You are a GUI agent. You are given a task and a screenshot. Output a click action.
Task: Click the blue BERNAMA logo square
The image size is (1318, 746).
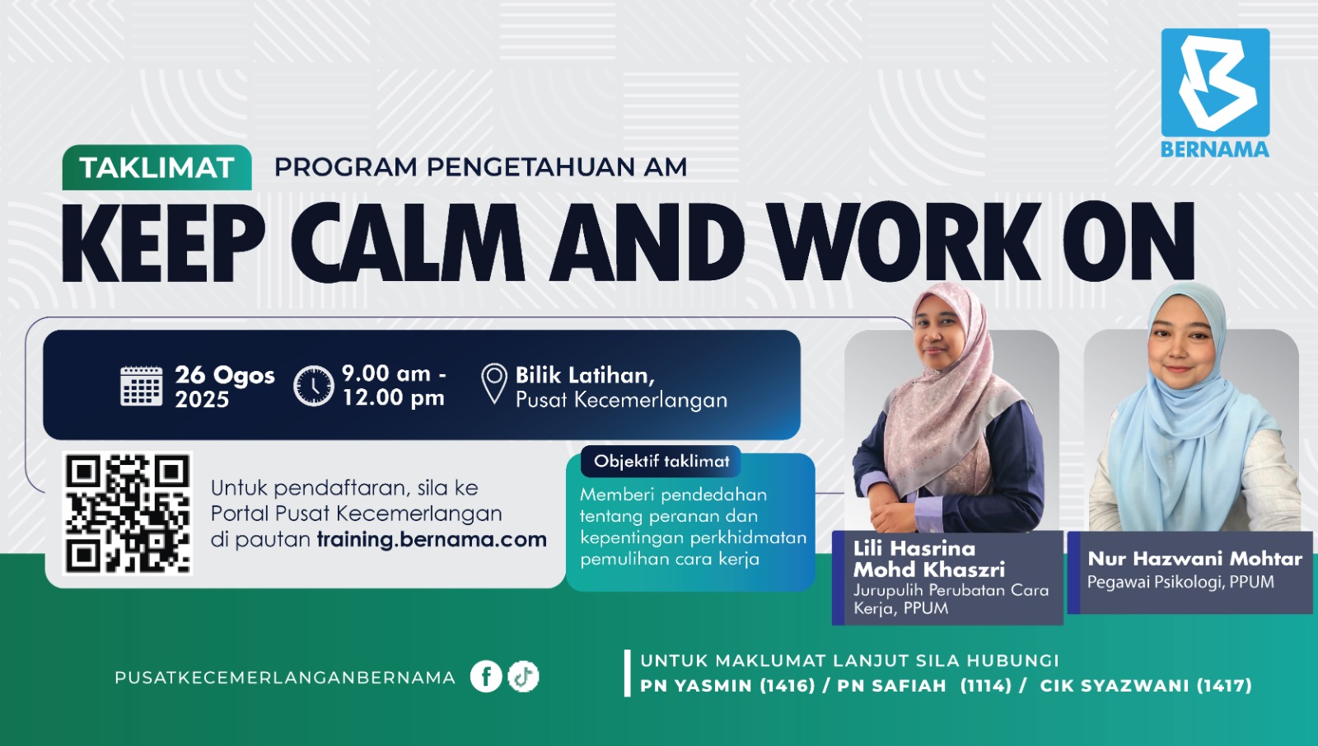[x=1215, y=82]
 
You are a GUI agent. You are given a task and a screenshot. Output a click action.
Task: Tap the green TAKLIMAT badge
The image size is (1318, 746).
[x=157, y=168]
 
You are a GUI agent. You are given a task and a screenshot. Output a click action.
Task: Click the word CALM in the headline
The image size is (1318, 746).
[x=408, y=243]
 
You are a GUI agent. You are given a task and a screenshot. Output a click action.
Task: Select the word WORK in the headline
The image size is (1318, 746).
[x=904, y=243]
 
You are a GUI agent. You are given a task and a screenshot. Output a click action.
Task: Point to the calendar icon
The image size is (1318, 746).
[x=142, y=386]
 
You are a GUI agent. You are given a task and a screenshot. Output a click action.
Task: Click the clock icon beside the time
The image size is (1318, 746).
[x=314, y=386]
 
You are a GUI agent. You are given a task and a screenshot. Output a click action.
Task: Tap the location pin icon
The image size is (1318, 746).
[x=494, y=383]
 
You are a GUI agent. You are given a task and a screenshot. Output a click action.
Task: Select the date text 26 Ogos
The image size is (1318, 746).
[x=224, y=375]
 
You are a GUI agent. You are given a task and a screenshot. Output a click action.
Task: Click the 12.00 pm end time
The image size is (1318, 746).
[x=393, y=398]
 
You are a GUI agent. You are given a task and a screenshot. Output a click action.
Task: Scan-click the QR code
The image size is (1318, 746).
[x=128, y=513]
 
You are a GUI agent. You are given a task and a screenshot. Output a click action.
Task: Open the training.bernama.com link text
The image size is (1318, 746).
[x=432, y=540]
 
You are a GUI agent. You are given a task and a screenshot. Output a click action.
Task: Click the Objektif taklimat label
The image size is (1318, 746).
[x=661, y=462]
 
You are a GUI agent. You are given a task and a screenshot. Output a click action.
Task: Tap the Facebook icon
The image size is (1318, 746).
[x=486, y=677]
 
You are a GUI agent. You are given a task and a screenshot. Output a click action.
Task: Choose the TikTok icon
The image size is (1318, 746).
[x=523, y=677]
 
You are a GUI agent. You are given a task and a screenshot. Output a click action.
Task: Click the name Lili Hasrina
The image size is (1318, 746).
[x=914, y=548]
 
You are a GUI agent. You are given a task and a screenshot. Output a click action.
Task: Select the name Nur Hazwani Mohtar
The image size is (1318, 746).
[x=1194, y=559]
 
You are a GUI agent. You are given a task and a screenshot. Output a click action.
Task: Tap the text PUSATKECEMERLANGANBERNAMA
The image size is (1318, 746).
[x=285, y=678]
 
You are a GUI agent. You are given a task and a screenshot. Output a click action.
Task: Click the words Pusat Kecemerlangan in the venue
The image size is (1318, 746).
[x=621, y=401]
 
